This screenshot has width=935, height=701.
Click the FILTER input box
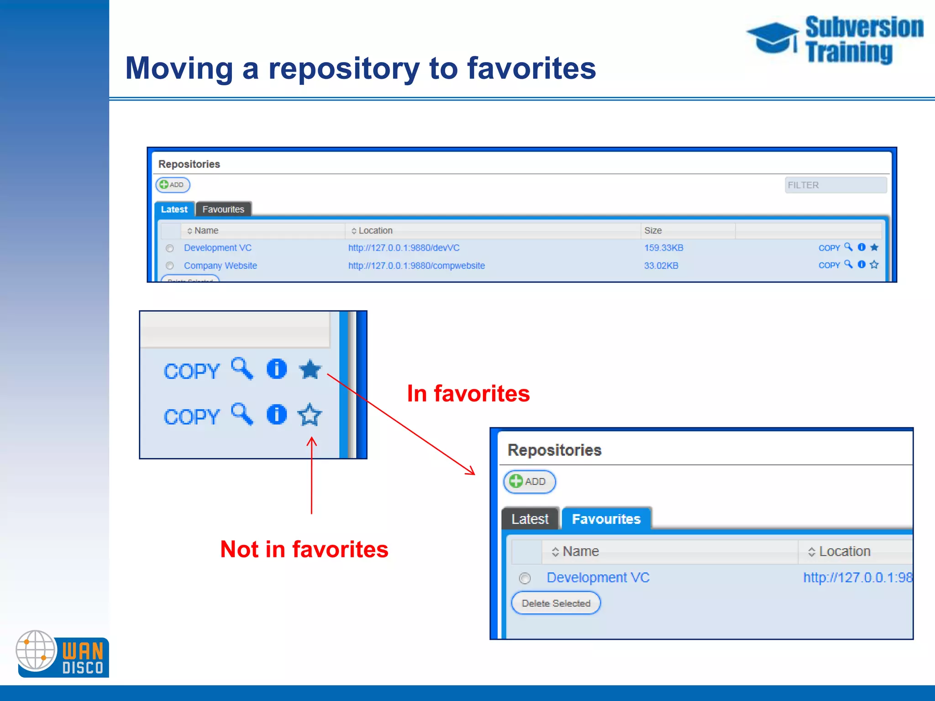pyautogui.click(x=835, y=185)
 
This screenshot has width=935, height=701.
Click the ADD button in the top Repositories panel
pyautogui.click(x=173, y=185)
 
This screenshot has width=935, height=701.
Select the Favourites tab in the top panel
pyautogui.click(x=223, y=209)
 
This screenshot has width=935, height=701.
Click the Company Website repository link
pyautogui.click(x=220, y=266)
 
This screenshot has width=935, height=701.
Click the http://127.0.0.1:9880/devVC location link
pyautogui.click(x=404, y=248)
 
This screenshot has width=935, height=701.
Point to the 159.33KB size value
pyautogui.click(x=663, y=248)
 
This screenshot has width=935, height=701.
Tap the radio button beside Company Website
pyautogui.click(x=170, y=266)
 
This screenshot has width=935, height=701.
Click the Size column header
pyautogui.click(x=653, y=230)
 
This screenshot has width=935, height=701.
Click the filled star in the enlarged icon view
pyautogui.click(x=310, y=369)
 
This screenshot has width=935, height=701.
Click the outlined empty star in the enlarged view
pyautogui.click(x=310, y=415)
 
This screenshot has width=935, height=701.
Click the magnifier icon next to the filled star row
pyautogui.click(x=242, y=369)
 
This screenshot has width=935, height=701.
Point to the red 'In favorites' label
pyautogui.click(x=468, y=393)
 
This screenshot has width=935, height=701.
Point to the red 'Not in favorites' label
pyautogui.click(x=304, y=549)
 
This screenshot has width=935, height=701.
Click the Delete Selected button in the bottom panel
pyautogui.click(x=556, y=603)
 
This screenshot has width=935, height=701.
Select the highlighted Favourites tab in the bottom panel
pyautogui.click(x=606, y=519)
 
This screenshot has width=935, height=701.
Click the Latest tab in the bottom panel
pyautogui.click(x=530, y=519)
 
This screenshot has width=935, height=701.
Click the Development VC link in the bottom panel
pyautogui.click(x=598, y=578)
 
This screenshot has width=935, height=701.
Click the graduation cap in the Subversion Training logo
pyautogui.click(x=772, y=37)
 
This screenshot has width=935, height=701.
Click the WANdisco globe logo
pyautogui.click(x=36, y=650)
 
